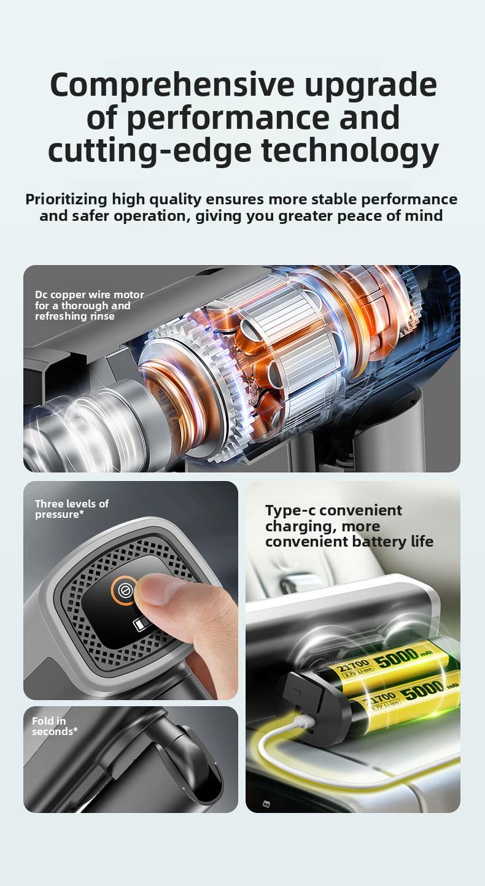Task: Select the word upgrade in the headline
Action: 371,85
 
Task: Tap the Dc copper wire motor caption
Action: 89,305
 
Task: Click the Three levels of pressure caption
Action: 71,509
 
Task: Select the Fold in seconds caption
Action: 54,726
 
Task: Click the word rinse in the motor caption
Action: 102,316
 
